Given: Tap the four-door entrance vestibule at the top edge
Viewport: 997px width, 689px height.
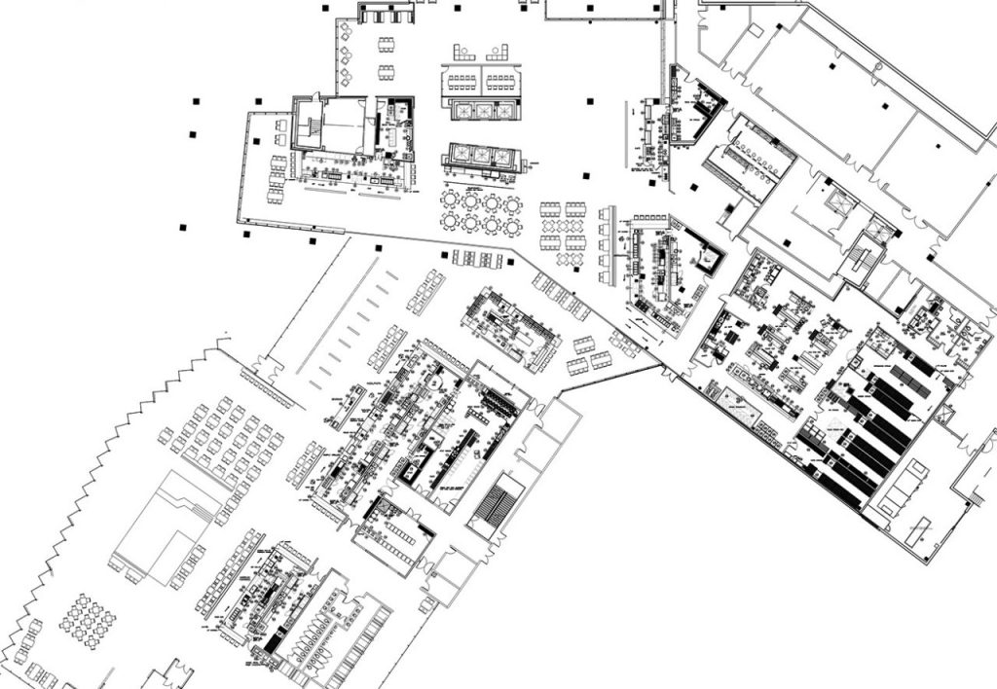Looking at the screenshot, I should (x=387, y=13).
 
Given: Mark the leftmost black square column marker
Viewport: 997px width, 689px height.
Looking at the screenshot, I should (x=183, y=227).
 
